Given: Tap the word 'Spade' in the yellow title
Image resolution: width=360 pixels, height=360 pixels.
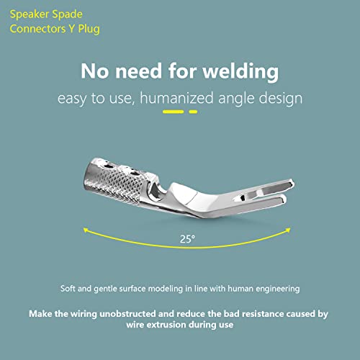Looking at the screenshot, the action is tap(67, 14).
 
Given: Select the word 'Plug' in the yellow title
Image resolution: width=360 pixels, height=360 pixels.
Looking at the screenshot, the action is tap(89, 30).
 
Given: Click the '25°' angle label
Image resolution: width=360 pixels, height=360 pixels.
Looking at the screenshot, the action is tap(187, 239).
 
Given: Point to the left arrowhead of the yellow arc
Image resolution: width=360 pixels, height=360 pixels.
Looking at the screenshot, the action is tap(86, 230).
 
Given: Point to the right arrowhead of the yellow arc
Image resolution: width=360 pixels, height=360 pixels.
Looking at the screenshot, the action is tap(288, 230).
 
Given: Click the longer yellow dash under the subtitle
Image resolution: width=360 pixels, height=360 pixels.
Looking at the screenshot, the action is tap(173, 112).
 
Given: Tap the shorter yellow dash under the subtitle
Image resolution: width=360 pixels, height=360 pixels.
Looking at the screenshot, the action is tap(193, 112).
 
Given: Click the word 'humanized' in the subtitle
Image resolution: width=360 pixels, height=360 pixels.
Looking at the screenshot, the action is tap(176, 98).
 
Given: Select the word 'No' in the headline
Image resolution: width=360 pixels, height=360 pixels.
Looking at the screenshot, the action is tap(94, 71).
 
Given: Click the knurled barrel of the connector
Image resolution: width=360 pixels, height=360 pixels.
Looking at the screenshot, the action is tap(113, 181).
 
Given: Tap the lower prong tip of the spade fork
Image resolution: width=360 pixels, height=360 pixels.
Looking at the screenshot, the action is tap(284, 199).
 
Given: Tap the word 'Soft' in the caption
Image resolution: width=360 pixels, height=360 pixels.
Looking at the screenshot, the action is tap(68, 288).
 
